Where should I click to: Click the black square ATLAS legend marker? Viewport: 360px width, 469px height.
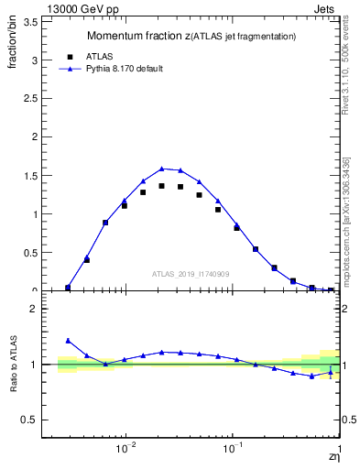tap(70, 56)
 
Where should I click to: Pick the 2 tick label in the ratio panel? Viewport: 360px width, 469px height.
tap(32, 309)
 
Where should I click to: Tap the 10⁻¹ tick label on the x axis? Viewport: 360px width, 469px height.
tap(234, 448)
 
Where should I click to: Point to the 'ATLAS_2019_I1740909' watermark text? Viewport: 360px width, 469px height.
tap(190, 274)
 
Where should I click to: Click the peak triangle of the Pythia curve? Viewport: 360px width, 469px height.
tap(161, 169)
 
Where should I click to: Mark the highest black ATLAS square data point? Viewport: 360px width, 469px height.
tap(161, 186)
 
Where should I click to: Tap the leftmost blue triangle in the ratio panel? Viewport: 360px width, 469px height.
tap(68, 340)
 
